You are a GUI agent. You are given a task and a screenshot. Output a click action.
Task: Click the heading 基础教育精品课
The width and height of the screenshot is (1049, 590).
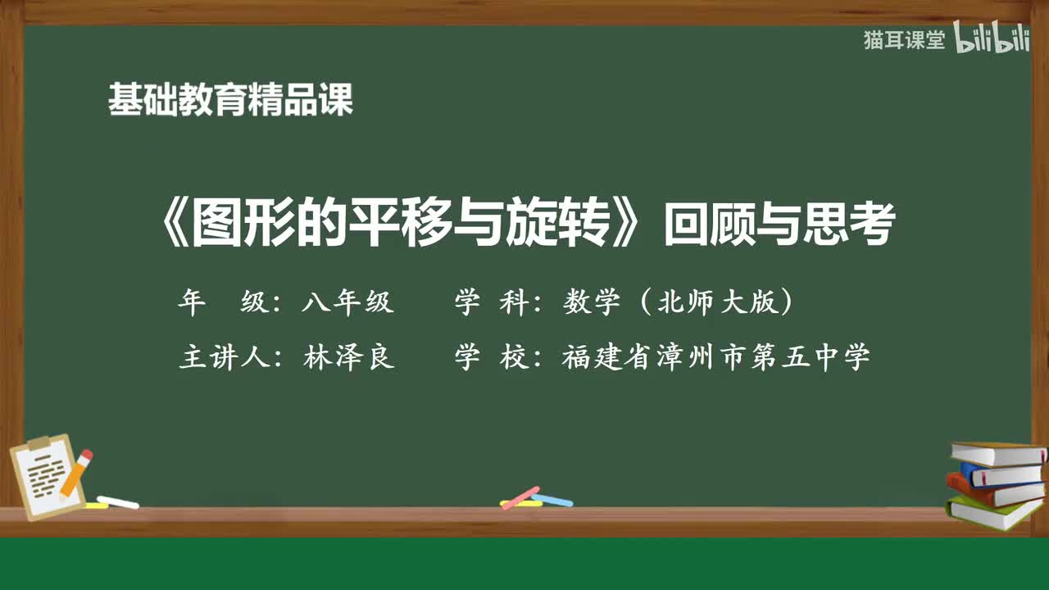coord(230,101)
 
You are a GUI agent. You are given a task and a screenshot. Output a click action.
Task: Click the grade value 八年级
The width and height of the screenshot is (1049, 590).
coord(347,303)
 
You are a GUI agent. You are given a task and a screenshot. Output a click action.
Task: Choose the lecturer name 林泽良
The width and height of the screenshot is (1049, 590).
coord(349,358)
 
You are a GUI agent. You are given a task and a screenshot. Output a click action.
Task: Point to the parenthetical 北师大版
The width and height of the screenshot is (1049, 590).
coord(717,303)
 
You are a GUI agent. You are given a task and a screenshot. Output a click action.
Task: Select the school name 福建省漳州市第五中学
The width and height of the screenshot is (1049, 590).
coord(715,358)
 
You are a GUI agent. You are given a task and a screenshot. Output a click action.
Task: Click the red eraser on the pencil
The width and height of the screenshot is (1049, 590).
coord(85,455)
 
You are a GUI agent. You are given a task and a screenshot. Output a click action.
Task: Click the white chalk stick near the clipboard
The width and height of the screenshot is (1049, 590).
coord(118,501)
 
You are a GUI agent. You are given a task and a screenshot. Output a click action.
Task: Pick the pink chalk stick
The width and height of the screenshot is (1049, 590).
coord(520,497)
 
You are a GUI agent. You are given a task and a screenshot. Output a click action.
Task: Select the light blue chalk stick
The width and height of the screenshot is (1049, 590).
coord(552,499)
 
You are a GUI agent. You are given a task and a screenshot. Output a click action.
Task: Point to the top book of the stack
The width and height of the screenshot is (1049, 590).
coord(997,452)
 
